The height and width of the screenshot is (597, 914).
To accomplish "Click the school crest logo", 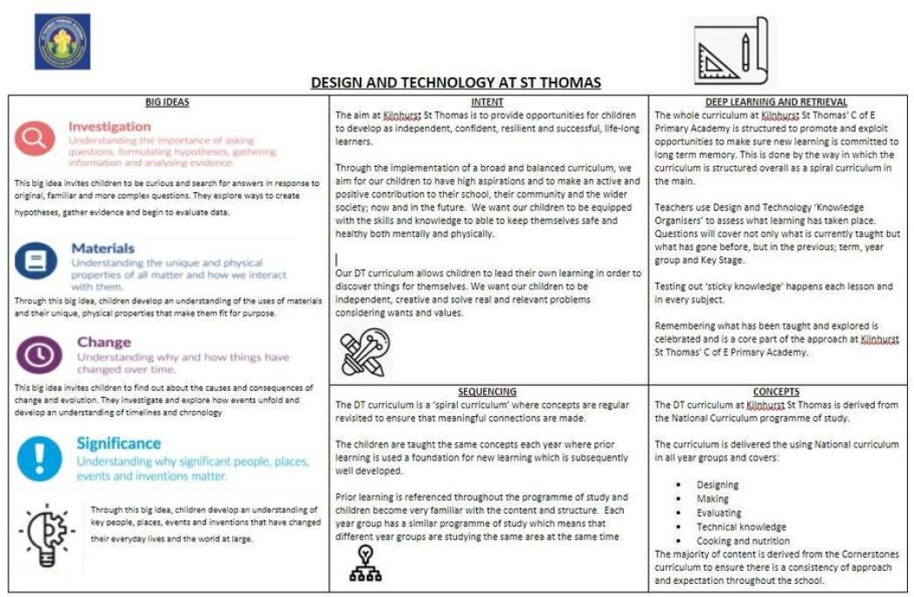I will [62, 41].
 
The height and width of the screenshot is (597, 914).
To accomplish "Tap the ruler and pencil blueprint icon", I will [730, 51].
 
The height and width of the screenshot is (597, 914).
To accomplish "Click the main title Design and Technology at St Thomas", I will [455, 83].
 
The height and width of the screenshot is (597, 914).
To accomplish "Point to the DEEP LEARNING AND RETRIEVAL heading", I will [776, 102].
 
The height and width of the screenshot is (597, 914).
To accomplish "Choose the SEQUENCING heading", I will [487, 391].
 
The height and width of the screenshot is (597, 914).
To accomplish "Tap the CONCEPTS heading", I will [776, 391].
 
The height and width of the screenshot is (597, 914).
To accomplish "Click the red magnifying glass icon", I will [35, 137].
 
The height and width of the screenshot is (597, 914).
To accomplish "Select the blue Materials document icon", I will [36, 259].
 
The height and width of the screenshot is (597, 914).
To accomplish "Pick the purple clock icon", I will [38, 355].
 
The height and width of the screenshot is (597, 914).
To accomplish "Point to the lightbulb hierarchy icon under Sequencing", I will [365, 563].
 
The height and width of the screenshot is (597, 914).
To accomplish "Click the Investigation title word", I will [109, 127].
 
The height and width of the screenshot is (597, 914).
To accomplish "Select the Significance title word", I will [118, 444].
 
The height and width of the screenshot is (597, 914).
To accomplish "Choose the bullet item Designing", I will [718, 485].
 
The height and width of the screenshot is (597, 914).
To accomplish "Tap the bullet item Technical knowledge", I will [741, 527].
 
